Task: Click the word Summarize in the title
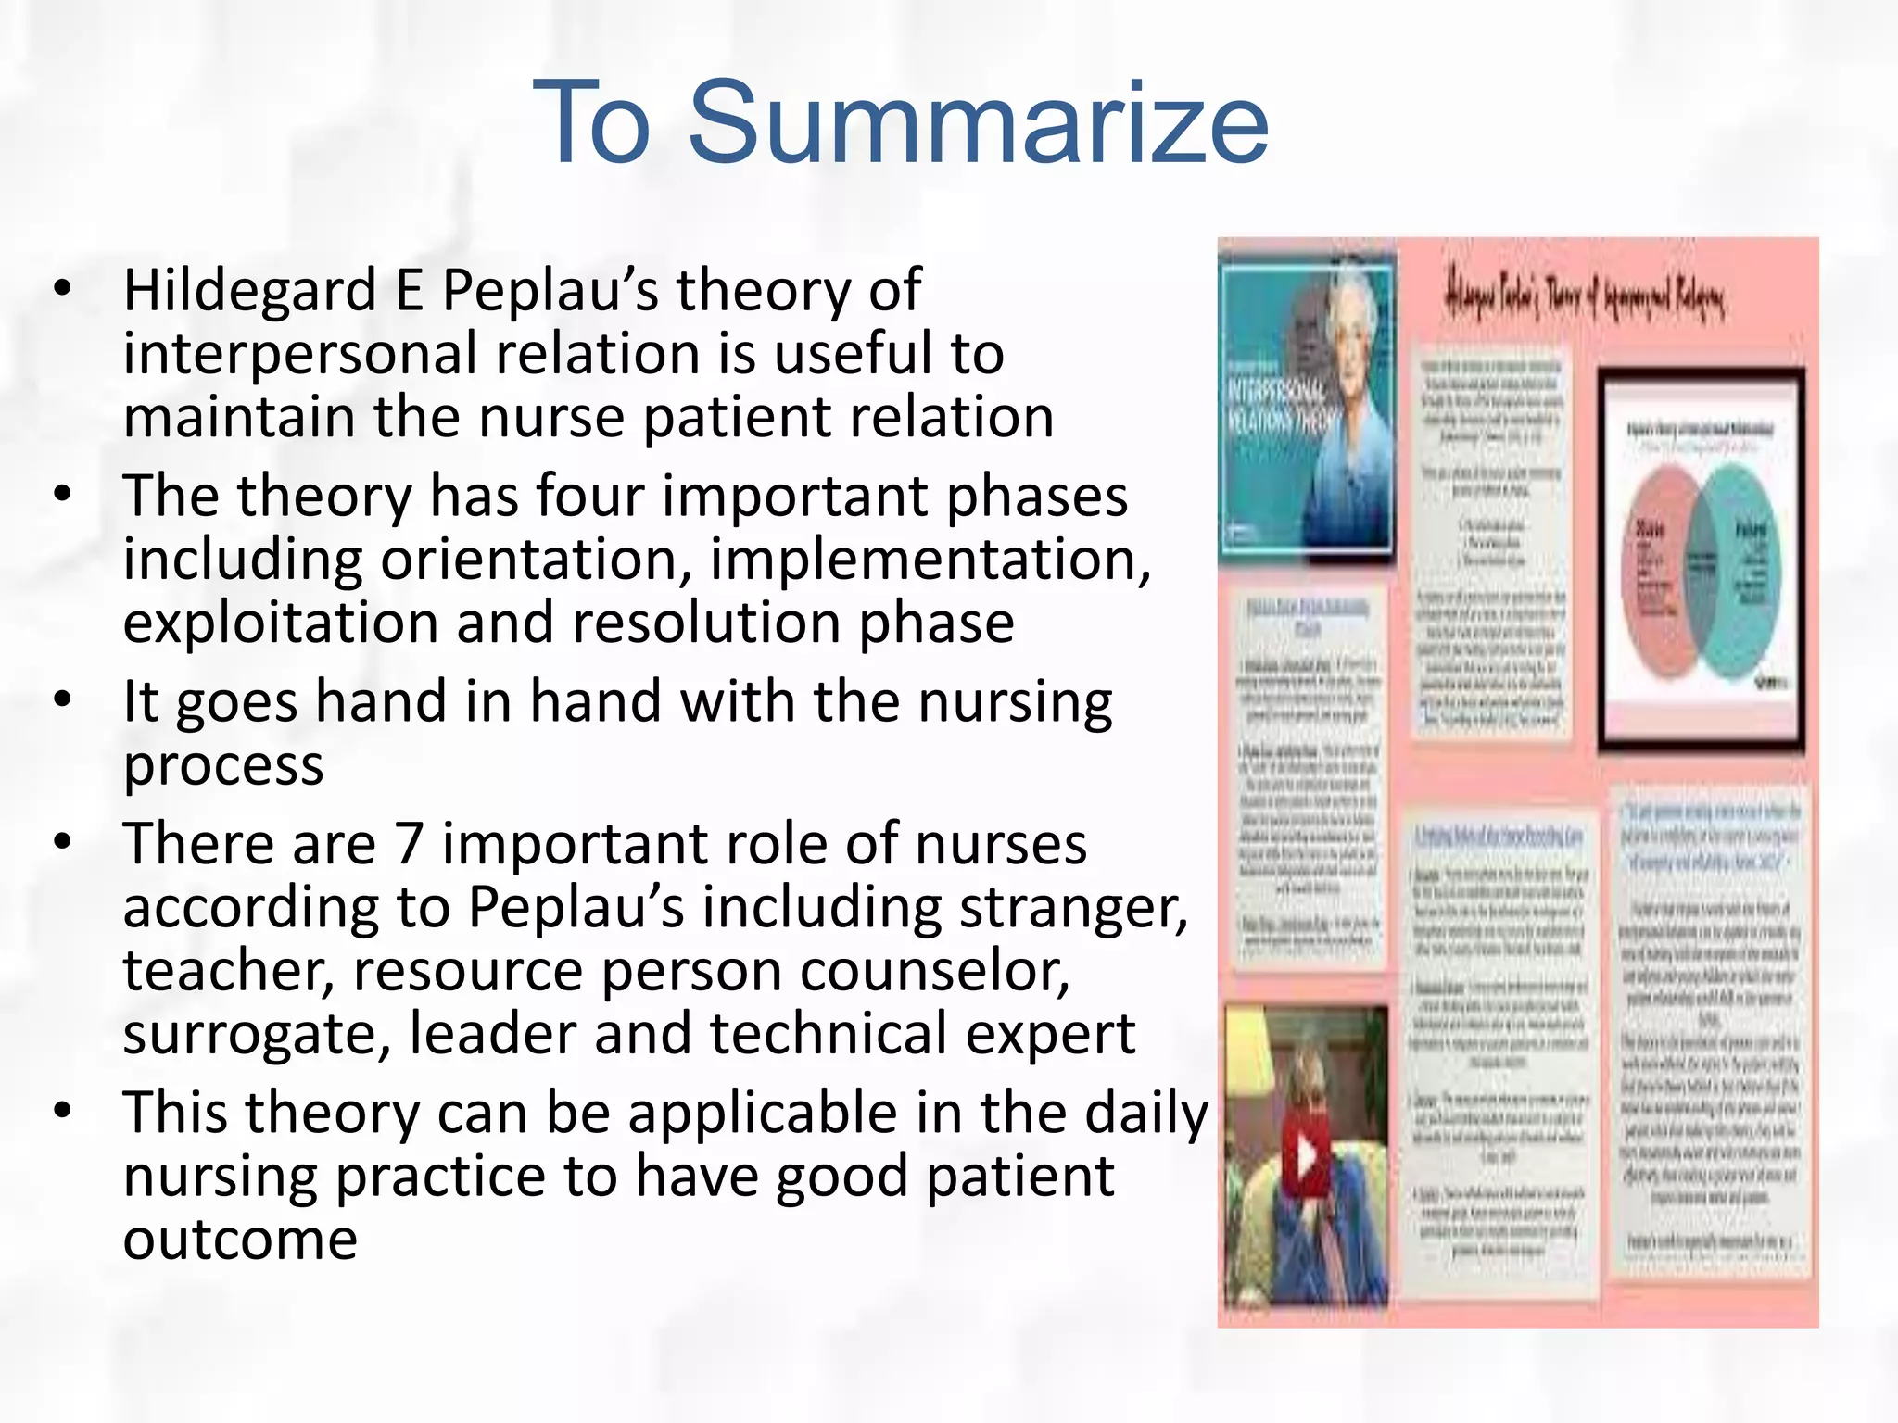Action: tap(978, 123)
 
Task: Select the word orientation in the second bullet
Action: tap(535, 560)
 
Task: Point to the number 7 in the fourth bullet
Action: tap(409, 844)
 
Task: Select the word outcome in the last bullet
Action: tap(240, 1240)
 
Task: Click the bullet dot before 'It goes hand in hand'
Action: tap(62, 699)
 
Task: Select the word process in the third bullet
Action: tap(223, 766)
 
